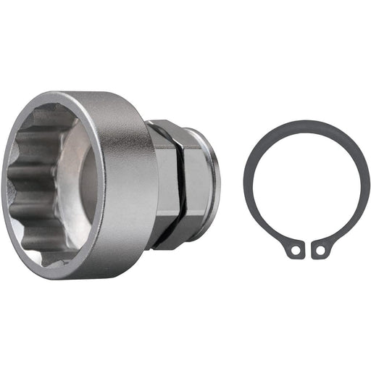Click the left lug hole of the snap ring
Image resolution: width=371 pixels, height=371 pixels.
click(295, 251)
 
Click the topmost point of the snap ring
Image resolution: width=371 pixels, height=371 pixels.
click(304, 122)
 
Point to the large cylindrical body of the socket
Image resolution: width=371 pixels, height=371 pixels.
click(130, 181)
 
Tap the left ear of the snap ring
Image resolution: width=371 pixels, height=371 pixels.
click(293, 248)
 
